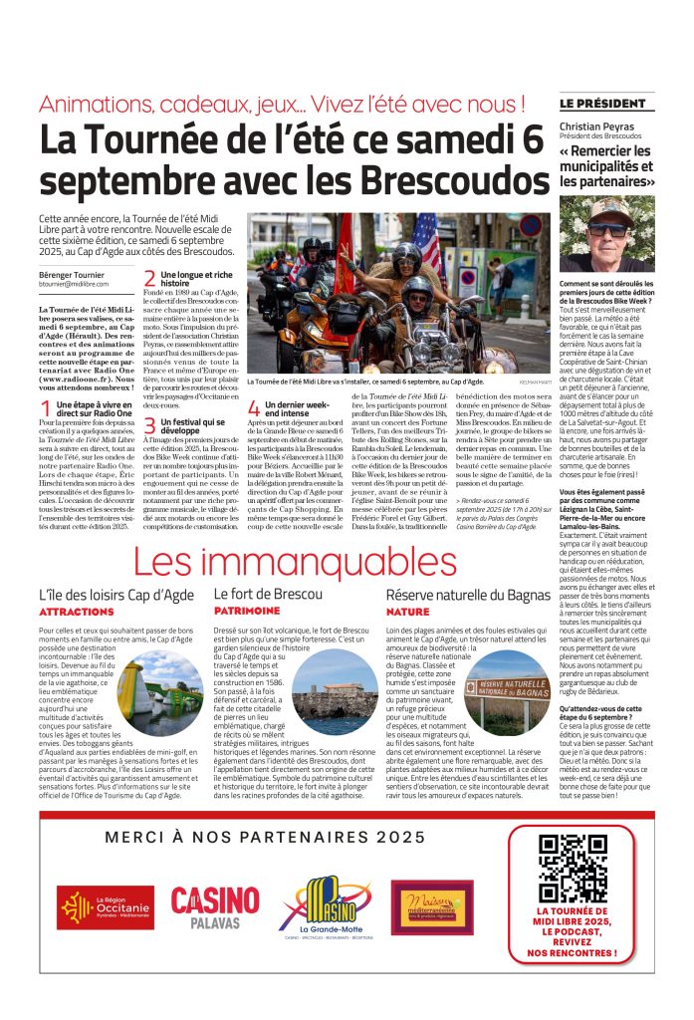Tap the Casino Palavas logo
point(214,907)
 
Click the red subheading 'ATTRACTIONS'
point(76,612)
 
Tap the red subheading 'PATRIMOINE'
point(247,612)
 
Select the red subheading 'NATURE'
point(407,612)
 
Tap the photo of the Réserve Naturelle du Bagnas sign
point(507,693)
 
